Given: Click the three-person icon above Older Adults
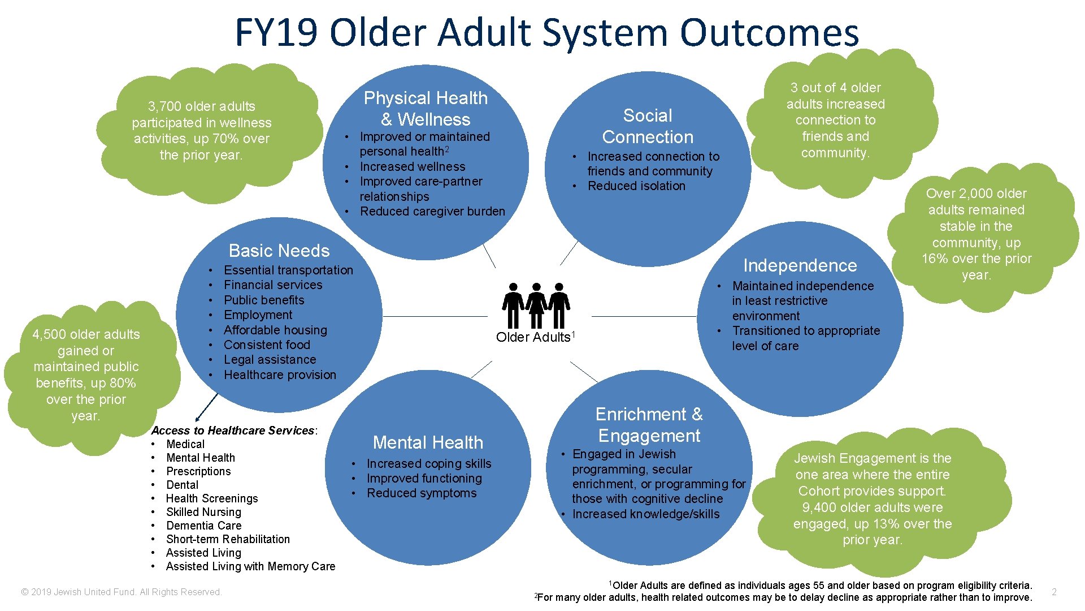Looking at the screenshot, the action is [536, 305].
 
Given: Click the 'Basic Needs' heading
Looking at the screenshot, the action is [279, 251].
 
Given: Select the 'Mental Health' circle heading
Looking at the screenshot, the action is [428, 442].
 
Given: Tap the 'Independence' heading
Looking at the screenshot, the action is [800, 265].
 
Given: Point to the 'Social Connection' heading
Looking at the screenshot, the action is [648, 126].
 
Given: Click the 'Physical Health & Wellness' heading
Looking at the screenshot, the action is [426, 109].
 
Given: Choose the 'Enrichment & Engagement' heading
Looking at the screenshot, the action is [649, 425].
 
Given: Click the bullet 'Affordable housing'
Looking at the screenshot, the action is [275, 330].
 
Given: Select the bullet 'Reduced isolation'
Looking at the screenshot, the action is [636, 186].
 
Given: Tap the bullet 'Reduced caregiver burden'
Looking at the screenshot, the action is [432, 212].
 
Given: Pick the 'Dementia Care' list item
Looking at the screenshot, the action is [203, 526].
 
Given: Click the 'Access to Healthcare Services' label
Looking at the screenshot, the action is [233, 431].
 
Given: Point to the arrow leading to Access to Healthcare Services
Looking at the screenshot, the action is [206, 407].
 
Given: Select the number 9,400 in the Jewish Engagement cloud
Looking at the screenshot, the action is [817, 507].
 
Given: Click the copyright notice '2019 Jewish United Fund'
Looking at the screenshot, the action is [121, 592].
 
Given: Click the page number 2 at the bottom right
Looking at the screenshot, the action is [1054, 592].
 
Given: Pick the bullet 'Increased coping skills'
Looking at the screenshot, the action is [429, 464].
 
